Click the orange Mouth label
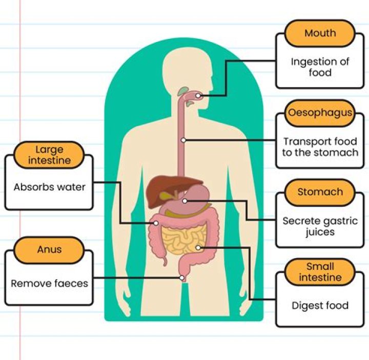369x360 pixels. pos(320,33)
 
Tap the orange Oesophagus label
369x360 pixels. pos(320,113)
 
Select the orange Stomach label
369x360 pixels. pos(320,192)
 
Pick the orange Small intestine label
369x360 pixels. pos(320,272)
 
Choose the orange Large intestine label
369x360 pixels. pos(49,155)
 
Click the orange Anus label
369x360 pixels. pos(49,250)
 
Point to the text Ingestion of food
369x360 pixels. pos(320,67)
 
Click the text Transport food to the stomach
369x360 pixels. pos(320,147)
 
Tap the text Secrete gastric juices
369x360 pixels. pos(320,226)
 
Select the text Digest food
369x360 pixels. pos(320,305)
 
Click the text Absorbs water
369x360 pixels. pos(49,187)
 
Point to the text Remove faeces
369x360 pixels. pos(49,283)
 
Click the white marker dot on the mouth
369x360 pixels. pos(198,96)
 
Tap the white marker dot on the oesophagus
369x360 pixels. pos(183,140)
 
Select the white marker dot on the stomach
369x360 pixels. pos(184,201)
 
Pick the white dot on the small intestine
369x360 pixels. pos(198,248)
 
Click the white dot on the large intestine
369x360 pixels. pos(156,223)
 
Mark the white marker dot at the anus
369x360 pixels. pos(181,278)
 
